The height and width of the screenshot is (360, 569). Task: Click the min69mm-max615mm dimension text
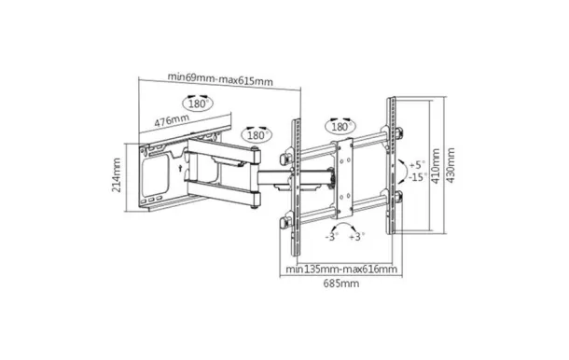point(222,78)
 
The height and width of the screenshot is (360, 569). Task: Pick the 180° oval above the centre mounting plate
point(340,125)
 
